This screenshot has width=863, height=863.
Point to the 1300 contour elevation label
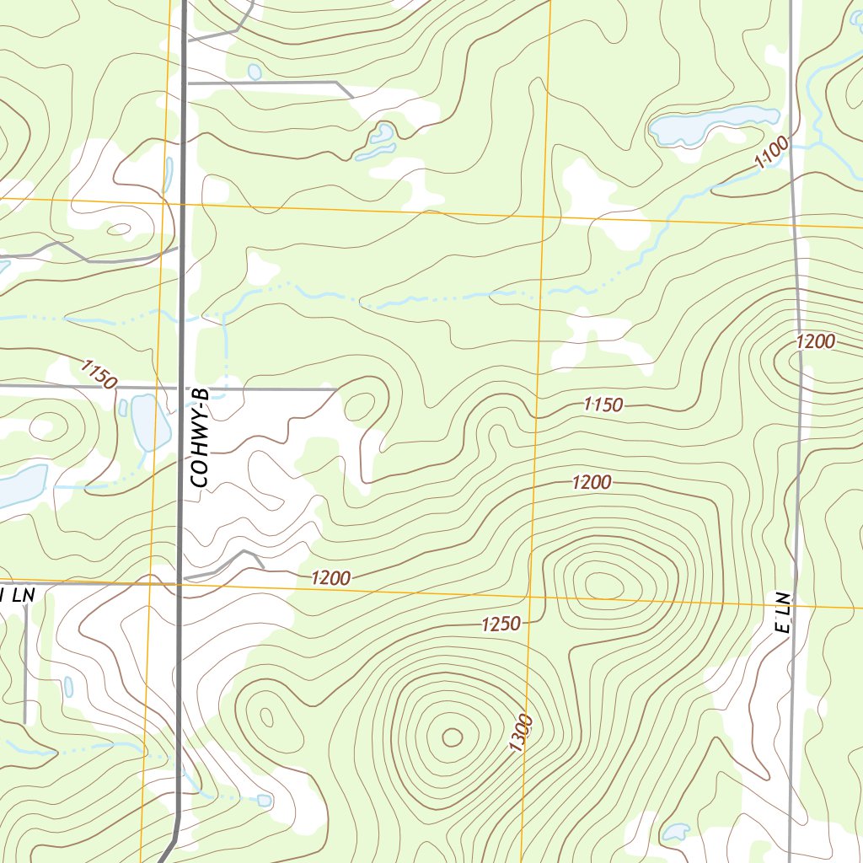tap(521, 733)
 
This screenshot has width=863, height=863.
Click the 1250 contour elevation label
tap(501, 624)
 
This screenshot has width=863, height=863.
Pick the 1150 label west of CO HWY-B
tap(99, 373)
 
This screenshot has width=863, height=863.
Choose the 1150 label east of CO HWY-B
tap(603, 405)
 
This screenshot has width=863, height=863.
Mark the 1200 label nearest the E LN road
tap(815, 341)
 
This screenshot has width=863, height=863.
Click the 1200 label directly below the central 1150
tap(592, 483)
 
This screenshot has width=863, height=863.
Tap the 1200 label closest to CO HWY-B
tap(330, 578)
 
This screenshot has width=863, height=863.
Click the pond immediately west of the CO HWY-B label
tap(144, 421)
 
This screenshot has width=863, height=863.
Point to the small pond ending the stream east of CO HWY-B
tap(265, 799)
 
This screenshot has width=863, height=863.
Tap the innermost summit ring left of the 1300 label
tap(453, 737)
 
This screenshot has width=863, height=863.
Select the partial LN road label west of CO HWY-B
tap(17, 595)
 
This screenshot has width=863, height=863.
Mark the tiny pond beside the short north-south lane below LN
tap(68, 686)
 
